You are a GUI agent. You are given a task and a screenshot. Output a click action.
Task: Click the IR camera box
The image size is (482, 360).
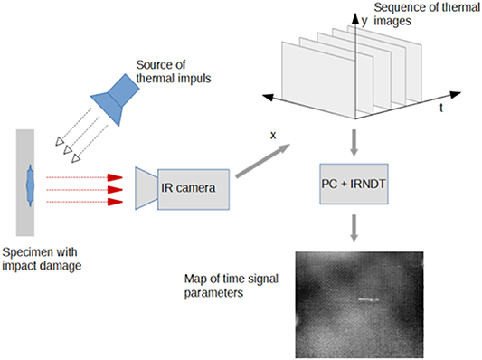point(192,188)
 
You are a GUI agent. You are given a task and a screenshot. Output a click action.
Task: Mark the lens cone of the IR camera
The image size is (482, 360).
point(145,187)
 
